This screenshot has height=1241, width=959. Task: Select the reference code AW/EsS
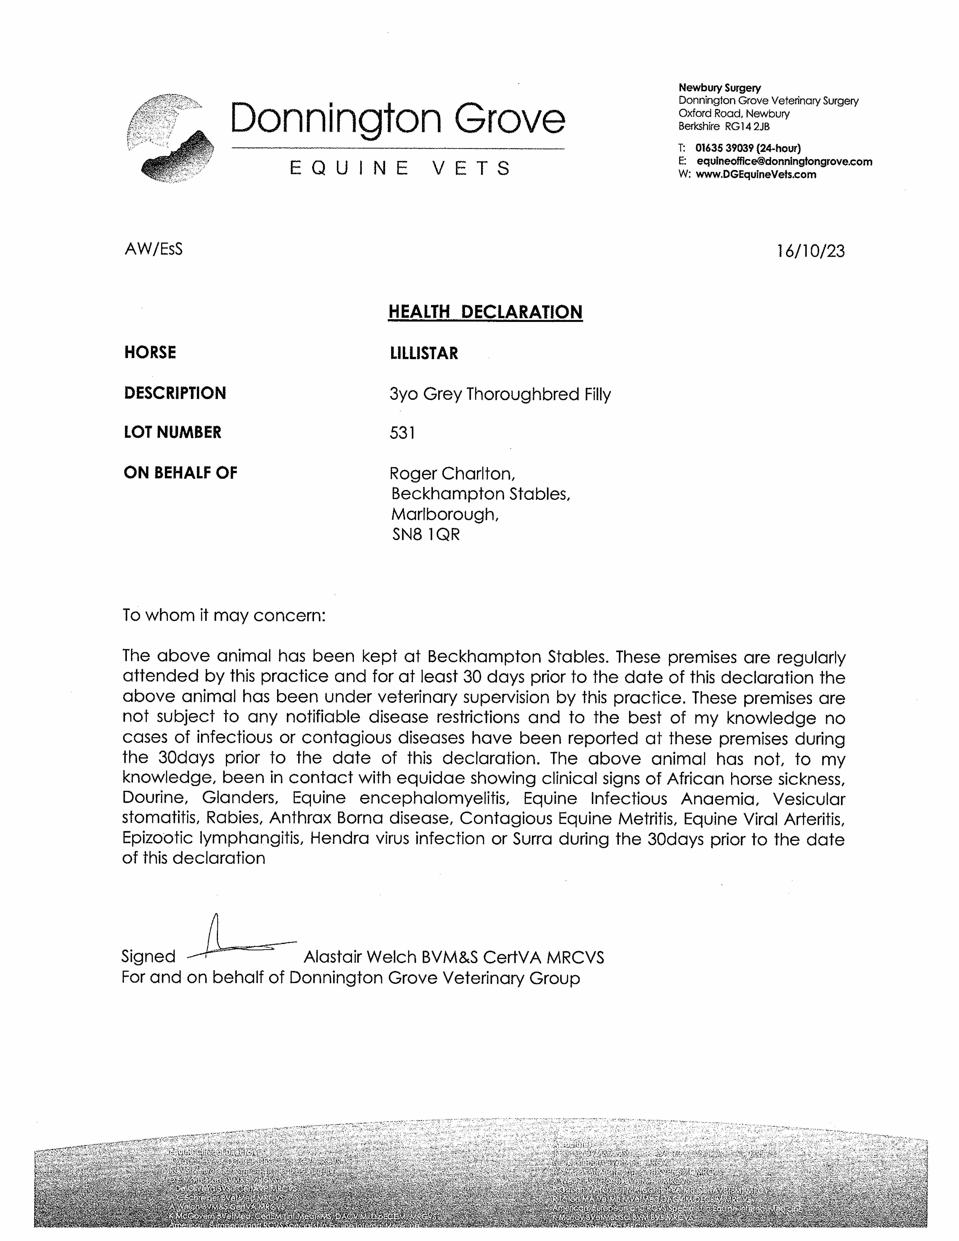pyautogui.click(x=153, y=249)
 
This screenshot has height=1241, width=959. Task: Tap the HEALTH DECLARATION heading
pyautogui.click(x=485, y=312)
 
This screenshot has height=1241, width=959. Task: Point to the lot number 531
pyautogui.click(x=402, y=433)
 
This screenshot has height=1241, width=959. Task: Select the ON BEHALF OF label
pyautogui.click(x=180, y=473)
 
